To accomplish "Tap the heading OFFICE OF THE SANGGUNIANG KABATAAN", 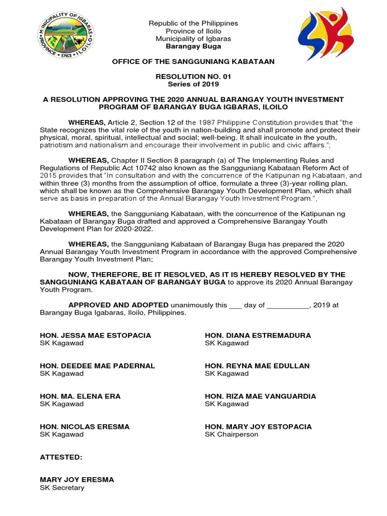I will pyautogui.click(x=193, y=61).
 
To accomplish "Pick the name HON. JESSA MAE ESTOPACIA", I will pyautogui.click(x=95, y=336).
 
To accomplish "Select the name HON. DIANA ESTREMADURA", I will pyautogui.click(x=257, y=336).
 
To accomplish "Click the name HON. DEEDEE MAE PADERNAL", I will pyautogui.click(x=97, y=366).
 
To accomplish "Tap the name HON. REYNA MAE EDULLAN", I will pyautogui.click(x=257, y=366).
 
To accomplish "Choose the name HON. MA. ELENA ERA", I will pyautogui.click(x=80, y=396).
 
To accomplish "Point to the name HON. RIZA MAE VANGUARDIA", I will pyautogui.click(x=260, y=396).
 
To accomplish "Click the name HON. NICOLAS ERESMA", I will pyautogui.click(x=85, y=427).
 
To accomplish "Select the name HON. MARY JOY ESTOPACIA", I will pyautogui.click(x=258, y=427).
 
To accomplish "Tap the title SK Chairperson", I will pyautogui.click(x=231, y=434).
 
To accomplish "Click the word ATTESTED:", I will pyautogui.click(x=60, y=457).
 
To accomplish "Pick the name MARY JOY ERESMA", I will pyautogui.click(x=77, y=480).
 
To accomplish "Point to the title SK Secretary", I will pyautogui.click(x=62, y=488).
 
